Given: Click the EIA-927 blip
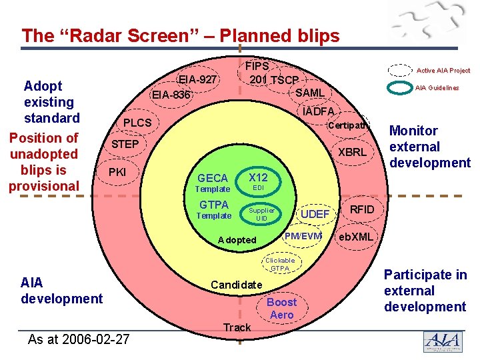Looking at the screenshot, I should pyautogui.click(x=198, y=80).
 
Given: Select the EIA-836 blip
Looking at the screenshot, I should pyautogui.click(x=171, y=95).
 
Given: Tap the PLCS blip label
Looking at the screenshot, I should pyautogui.click(x=137, y=123).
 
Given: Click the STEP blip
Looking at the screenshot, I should pyautogui.click(x=125, y=144).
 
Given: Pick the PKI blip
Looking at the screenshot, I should pyautogui.click(x=117, y=173).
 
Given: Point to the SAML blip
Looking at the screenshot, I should pyautogui.click(x=309, y=93).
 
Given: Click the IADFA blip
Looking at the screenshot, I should pyautogui.click(x=318, y=111).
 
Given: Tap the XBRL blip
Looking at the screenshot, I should pyautogui.click(x=351, y=152).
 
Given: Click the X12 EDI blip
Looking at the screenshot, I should pyautogui.click(x=257, y=181).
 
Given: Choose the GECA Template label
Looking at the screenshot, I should pyautogui.click(x=213, y=183).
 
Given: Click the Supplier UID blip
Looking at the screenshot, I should pyautogui.click(x=261, y=214).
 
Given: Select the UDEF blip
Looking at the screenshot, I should pyautogui.click(x=315, y=214).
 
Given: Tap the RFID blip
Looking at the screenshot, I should pyautogui.click(x=362, y=210).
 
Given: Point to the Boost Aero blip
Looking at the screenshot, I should pyautogui.click(x=281, y=308).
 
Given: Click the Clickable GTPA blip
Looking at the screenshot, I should pyautogui.click(x=280, y=265).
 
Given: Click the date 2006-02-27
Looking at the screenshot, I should pyautogui.click(x=79, y=339).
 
